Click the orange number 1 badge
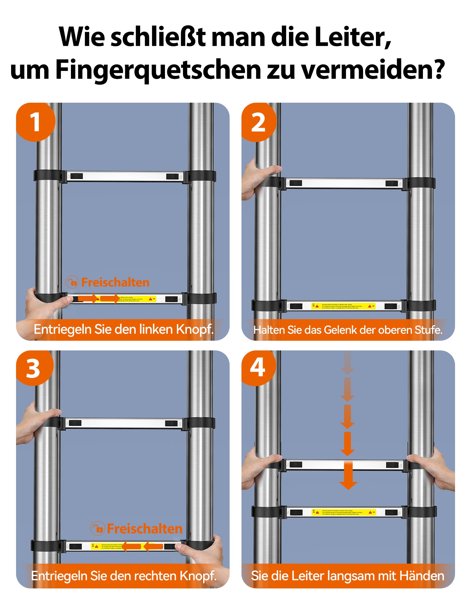35,122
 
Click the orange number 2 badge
258,123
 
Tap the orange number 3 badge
34,368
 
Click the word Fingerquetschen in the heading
158,70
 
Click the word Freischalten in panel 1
115,282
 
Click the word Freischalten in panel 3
144,529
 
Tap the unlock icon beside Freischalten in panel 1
72,282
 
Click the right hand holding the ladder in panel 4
435,468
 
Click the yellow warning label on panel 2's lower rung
343,306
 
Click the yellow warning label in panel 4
344,512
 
